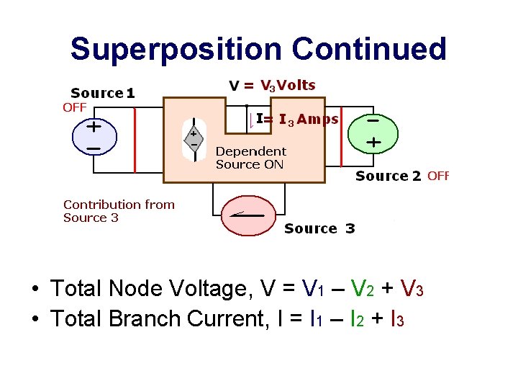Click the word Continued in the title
pyautogui.click(x=369, y=50)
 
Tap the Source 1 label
pyautogui.click(x=102, y=93)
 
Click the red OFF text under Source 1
pyautogui.click(x=74, y=107)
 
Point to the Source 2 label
pyautogui.click(x=388, y=176)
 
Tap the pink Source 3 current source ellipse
pyautogui.click(x=247, y=215)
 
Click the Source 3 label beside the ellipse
pyautogui.click(x=319, y=229)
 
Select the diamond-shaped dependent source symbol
pyautogui.click(x=194, y=139)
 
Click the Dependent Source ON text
pyautogui.click(x=250, y=158)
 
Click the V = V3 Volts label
pyautogui.click(x=272, y=86)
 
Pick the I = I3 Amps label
pyautogui.click(x=297, y=120)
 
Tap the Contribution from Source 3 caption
pyautogui.click(x=119, y=211)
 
